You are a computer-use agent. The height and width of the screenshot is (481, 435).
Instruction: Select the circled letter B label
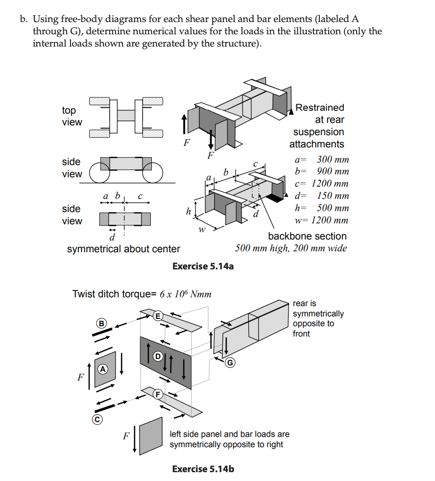coord(101,323)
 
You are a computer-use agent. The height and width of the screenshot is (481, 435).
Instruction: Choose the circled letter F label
coord(158,393)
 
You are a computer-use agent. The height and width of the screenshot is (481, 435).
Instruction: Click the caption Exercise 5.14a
coord(203,266)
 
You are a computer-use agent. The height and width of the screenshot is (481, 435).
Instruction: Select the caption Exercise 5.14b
coord(203,469)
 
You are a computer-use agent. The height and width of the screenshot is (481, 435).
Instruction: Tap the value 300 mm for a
coord(333,159)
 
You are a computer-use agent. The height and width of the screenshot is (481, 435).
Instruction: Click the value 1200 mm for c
coord(330,184)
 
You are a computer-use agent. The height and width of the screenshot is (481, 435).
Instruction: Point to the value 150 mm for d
coord(333,196)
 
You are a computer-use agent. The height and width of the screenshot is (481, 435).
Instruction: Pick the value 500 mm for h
coord(333,208)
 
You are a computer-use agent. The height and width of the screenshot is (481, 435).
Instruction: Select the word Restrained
coord(319,107)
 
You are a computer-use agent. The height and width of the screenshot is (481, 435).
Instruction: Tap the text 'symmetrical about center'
coord(123,249)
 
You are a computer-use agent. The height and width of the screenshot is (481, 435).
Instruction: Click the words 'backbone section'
coord(307,236)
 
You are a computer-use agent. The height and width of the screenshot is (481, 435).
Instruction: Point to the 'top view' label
coord(72,116)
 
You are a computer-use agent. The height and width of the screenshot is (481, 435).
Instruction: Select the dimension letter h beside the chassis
coord(188,212)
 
